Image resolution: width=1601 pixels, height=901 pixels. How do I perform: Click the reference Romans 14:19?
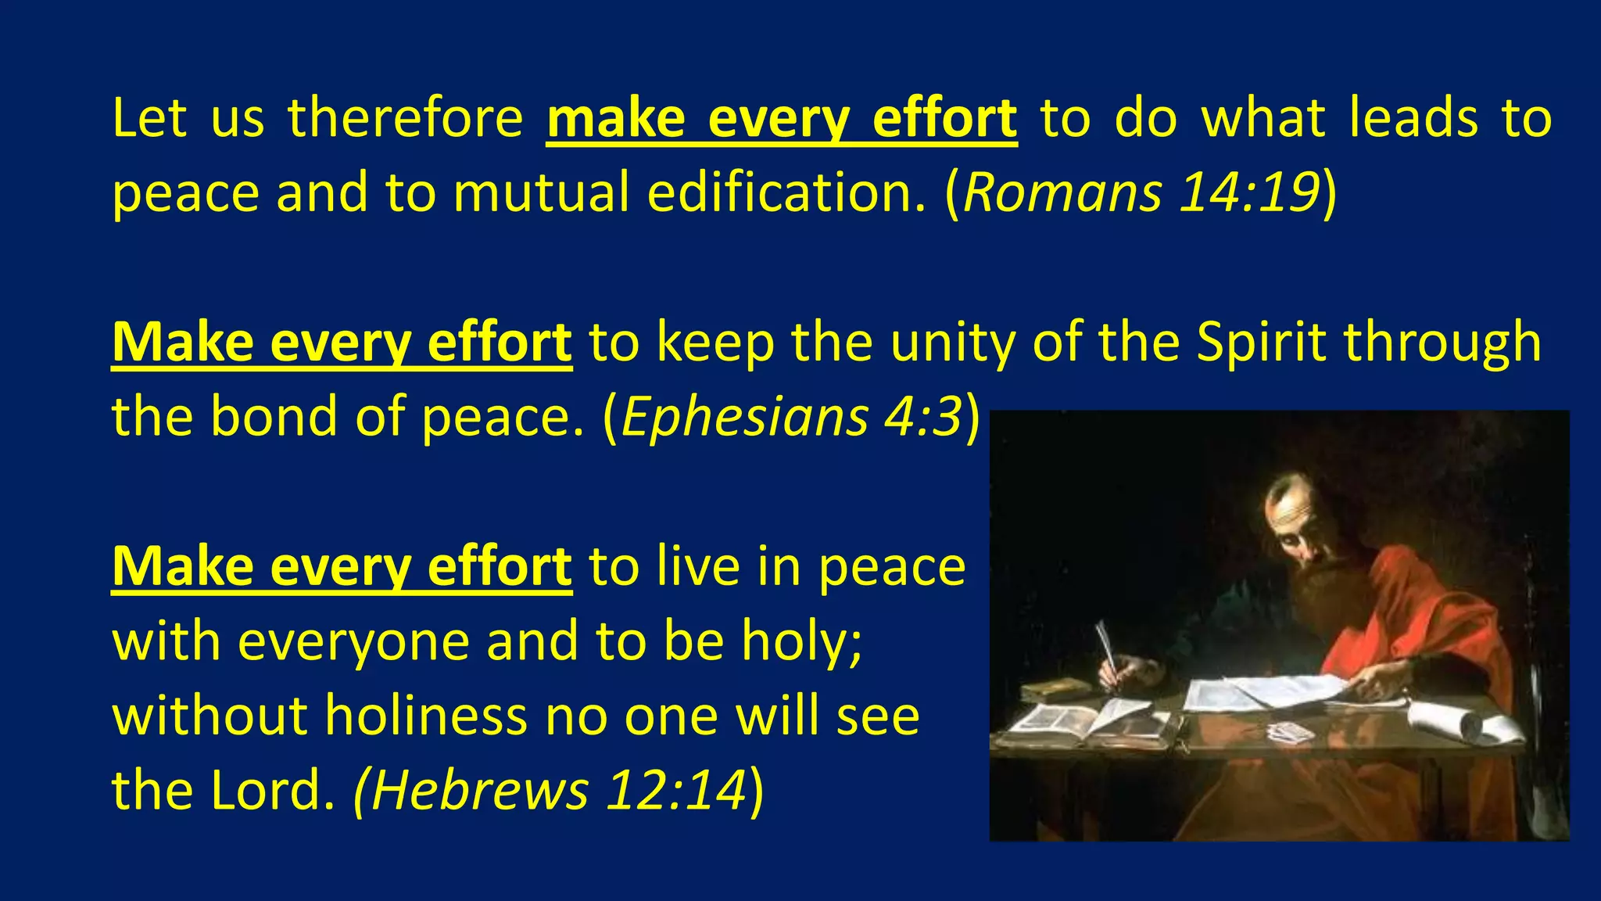pos(1141,192)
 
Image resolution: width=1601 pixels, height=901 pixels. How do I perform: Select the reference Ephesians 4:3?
pos(791,416)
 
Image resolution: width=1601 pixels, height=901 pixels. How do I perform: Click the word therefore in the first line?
pos(405,118)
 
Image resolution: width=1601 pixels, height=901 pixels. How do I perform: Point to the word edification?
pos(786,192)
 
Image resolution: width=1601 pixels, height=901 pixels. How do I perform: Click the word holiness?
pos(426,715)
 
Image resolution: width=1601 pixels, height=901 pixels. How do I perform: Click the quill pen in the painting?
pos(1105,643)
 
